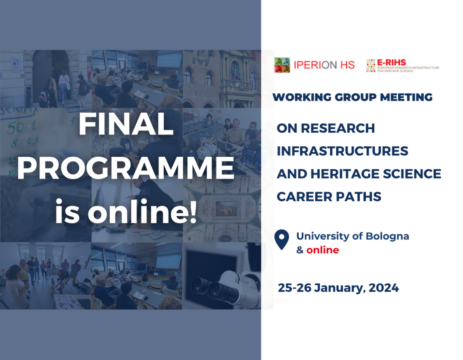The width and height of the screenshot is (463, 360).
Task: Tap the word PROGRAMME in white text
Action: pyautogui.click(x=125, y=169)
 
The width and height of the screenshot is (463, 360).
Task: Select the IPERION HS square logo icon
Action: pyautogui.click(x=282, y=65)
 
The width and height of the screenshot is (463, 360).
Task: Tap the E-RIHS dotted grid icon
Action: pyautogui.click(x=371, y=65)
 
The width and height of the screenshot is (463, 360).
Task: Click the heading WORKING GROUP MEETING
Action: pyautogui.click(x=352, y=97)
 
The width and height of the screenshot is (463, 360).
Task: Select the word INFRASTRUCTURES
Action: pyautogui.click(x=342, y=151)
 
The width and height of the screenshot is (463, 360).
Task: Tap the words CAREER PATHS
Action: pyautogui.click(x=329, y=197)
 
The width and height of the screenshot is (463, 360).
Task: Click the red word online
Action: pyautogui.click(x=322, y=250)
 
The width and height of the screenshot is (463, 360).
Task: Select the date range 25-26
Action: pyautogui.click(x=294, y=288)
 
